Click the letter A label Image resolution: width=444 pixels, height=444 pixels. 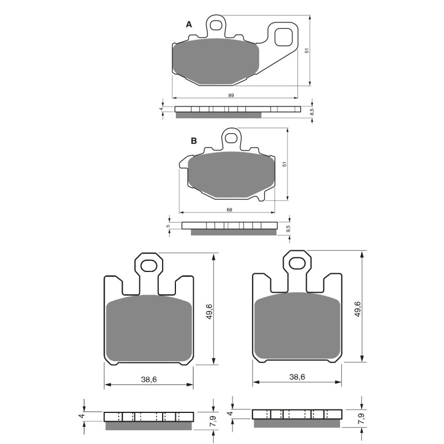189,24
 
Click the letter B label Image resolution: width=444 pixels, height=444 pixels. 194,141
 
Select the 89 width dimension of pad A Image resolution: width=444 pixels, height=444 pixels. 230,95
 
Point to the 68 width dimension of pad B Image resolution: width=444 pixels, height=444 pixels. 229,210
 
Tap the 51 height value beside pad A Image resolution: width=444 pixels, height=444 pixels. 307,51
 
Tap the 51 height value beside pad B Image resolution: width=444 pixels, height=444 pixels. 284,164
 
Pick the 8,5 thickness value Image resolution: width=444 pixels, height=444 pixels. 312,112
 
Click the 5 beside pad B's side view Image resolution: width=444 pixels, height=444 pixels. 169,226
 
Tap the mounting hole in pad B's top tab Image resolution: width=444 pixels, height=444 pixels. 231,138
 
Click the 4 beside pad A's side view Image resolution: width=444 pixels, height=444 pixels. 162,109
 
